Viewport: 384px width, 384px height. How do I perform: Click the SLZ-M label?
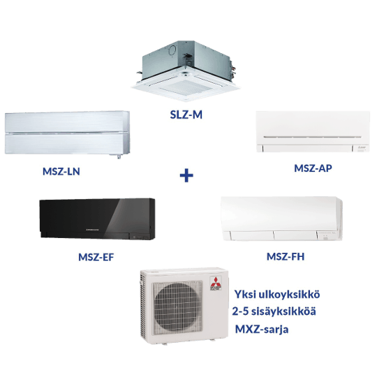[x=186, y=115]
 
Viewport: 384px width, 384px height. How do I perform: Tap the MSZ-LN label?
[x=61, y=172]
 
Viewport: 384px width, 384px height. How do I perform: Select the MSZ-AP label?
[x=313, y=168]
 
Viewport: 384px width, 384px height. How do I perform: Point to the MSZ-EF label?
[x=96, y=257]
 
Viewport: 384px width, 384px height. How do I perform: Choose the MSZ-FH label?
[x=286, y=256]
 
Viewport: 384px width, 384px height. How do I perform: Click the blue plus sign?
[x=186, y=175]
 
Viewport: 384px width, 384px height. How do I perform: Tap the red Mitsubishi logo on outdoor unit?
[x=216, y=283]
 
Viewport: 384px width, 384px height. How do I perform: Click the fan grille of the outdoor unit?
[x=177, y=308]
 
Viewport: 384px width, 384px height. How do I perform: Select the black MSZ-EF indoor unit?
[x=97, y=219]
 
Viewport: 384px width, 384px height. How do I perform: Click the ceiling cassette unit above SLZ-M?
[x=186, y=71]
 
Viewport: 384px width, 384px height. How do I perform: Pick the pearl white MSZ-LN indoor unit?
[x=67, y=133]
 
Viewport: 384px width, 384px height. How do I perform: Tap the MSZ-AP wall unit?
[x=313, y=132]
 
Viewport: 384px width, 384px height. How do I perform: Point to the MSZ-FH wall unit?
[x=281, y=219]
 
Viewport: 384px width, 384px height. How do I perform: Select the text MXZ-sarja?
[x=262, y=330]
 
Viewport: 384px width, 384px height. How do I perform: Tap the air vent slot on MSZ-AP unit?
[x=312, y=137]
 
